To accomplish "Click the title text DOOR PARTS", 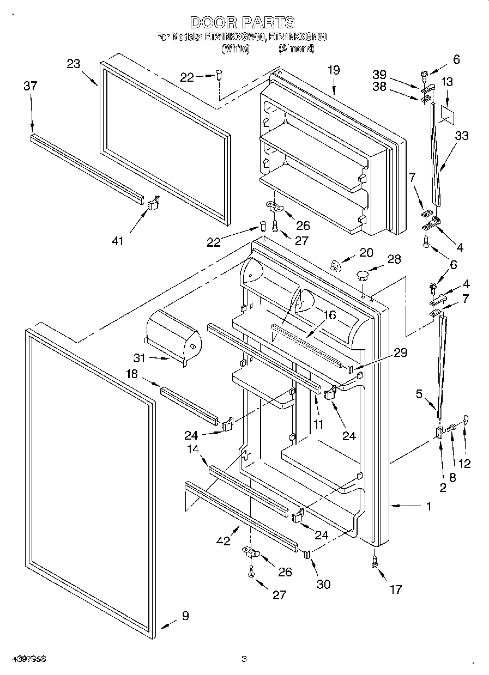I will [x=243, y=22].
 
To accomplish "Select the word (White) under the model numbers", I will [x=235, y=48].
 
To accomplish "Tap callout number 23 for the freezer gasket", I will [x=74, y=64].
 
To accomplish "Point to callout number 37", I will [x=31, y=86].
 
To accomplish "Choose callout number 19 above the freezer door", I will [x=334, y=70].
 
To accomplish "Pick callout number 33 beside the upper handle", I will [x=461, y=136].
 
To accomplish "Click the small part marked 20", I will [x=336, y=265].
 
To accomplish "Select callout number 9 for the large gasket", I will [x=185, y=616].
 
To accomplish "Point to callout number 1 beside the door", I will [x=428, y=506].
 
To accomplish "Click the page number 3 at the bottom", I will [x=244, y=659].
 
